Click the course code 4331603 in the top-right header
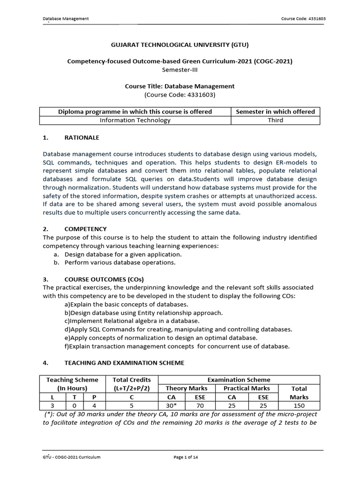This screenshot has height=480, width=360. pos(303,19)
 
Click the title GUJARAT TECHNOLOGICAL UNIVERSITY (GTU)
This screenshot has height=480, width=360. pos(180,45)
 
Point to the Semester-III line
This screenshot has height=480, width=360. pos(180,69)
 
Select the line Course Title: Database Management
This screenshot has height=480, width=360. pos(180,86)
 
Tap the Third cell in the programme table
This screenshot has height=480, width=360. pos(275,120)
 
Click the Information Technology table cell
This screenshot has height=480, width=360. pos(135,120)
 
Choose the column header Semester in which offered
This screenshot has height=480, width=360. pos(275,112)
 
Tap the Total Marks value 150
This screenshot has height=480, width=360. pos(299,405)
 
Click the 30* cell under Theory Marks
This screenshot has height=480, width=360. pos(172,405)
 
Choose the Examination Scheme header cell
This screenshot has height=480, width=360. pos(239,380)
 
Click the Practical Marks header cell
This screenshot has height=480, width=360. pos(247,388)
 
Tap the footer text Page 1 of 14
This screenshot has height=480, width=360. pos(186,457)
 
